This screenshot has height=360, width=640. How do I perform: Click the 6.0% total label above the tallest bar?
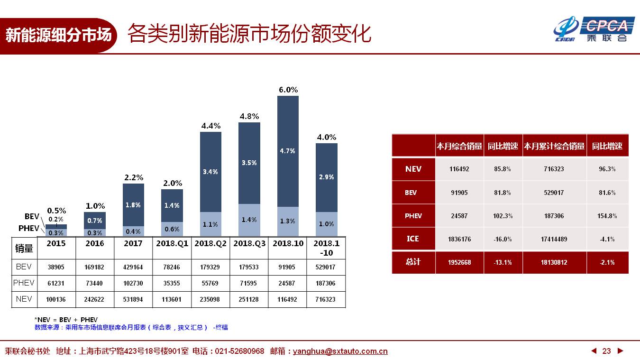pos(288,90)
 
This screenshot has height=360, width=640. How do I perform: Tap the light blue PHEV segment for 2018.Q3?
pos(249,220)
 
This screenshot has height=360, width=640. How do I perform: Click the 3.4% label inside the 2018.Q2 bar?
pos(210,172)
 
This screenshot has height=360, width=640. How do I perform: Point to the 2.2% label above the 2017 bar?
pos(133,177)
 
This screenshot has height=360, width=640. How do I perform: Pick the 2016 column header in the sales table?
pos(95,243)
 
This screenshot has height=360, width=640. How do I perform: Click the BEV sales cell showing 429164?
pos(133,267)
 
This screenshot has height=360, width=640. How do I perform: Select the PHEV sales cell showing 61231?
pos(56,283)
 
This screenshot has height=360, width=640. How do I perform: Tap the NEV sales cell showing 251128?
pos(249,299)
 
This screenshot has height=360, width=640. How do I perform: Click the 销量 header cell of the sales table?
pos(24,248)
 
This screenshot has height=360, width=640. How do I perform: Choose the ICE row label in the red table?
pos(413,239)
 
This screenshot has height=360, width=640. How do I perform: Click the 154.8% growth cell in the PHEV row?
pos(607,216)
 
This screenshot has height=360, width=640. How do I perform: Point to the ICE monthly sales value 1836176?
pos(459,239)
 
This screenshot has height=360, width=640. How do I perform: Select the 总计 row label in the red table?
pos(413,262)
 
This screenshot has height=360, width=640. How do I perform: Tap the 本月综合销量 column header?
pos(459,146)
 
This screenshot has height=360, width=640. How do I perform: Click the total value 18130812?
pos(554,262)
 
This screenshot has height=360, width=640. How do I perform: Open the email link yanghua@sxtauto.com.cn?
pos(340,351)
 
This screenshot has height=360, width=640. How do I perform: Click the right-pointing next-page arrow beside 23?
pos(620,351)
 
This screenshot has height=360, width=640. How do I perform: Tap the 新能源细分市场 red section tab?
pos(58,35)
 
